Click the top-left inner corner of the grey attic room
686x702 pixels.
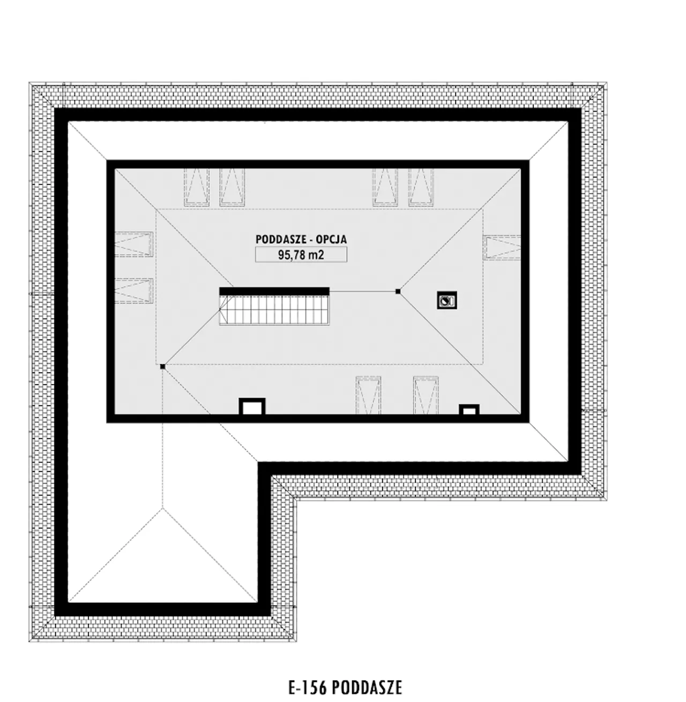115,169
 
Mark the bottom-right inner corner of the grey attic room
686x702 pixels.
521,414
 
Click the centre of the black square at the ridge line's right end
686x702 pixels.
398,291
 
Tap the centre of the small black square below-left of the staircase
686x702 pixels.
162,366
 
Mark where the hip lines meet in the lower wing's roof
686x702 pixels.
162,508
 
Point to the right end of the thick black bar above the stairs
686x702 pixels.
329,291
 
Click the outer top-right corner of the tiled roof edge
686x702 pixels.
607,83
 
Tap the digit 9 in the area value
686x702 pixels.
281,255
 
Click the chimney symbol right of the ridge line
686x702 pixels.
447,300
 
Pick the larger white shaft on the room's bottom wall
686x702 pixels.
252,407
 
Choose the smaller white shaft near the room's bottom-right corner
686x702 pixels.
469,410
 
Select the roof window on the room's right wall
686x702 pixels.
502,247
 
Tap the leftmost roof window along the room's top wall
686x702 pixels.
197,188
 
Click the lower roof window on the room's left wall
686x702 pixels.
134,290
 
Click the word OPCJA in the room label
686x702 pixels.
331,239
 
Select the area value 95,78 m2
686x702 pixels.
301,255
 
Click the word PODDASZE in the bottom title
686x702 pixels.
367,688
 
